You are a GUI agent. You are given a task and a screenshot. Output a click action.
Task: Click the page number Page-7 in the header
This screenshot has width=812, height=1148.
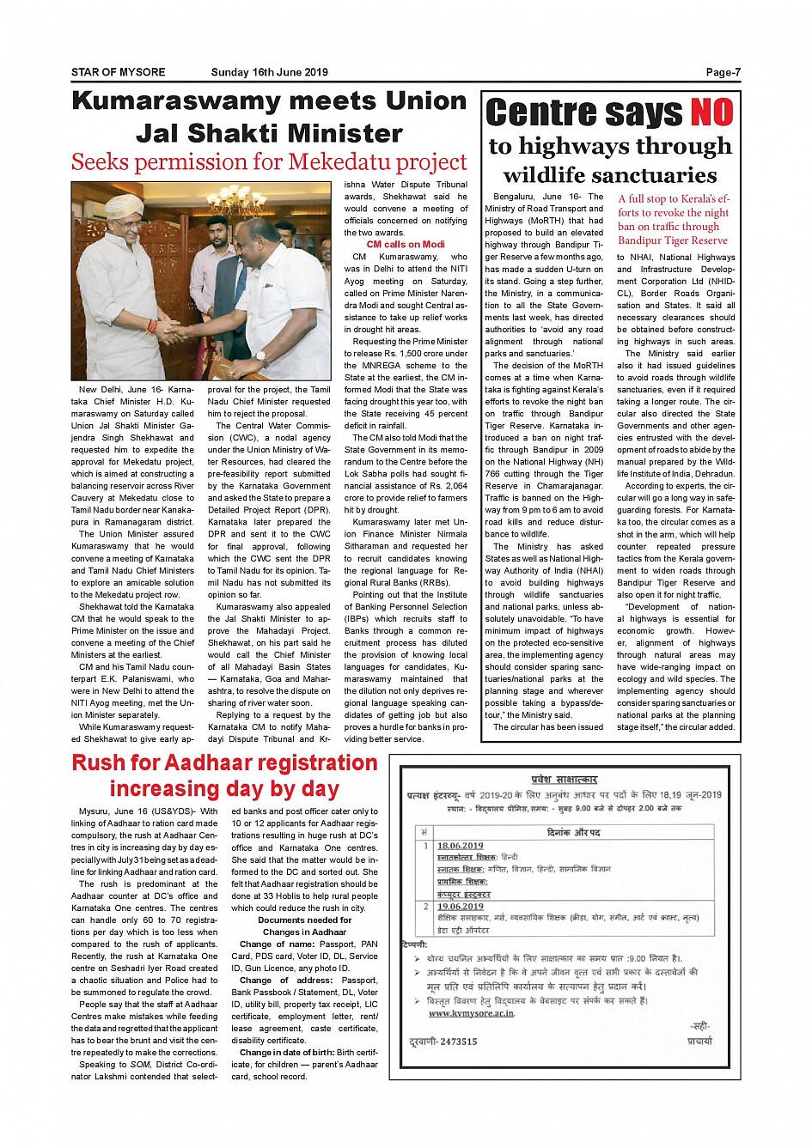(x=723, y=72)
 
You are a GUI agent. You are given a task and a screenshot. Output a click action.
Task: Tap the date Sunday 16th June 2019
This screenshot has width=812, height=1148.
(x=270, y=72)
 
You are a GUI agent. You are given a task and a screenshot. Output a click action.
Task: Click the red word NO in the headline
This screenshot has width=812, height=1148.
(x=711, y=112)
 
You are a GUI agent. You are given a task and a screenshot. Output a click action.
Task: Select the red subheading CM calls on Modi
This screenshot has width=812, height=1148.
(x=406, y=245)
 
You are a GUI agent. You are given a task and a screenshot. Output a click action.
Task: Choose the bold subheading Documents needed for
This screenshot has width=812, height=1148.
(x=305, y=920)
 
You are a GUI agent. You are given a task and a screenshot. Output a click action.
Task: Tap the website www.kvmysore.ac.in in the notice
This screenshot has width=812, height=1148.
(x=471, y=1013)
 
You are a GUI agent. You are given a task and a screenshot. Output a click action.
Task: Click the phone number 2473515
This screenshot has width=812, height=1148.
(x=458, y=1042)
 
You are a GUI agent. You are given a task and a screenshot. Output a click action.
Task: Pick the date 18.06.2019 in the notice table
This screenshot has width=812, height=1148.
(x=460, y=846)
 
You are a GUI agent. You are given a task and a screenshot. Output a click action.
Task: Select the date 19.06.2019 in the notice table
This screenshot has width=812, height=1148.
(x=460, y=906)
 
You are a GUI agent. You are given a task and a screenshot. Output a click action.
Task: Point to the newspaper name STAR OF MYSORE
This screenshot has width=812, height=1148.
(x=119, y=72)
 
